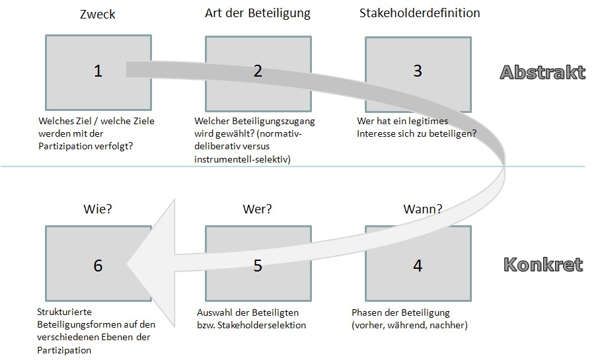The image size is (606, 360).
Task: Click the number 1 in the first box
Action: tap(98, 71)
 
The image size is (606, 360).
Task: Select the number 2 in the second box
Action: tap(258, 71)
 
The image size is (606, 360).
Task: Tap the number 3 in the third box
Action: tap(418, 71)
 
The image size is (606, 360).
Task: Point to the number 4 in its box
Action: tap(418, 266)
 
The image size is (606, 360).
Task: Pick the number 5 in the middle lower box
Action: tap(258, 266)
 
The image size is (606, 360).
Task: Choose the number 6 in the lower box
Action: tap(98, 266)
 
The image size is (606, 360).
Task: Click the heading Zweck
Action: tap(97, 15)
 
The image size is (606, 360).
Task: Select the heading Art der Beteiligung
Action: tap(257, 13)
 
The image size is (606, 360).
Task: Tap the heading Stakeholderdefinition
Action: tap(420, 13)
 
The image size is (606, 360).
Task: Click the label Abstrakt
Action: tap(543, 73)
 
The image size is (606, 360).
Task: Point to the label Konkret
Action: tap(543, 265)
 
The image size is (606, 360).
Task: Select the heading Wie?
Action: tap(98, 209)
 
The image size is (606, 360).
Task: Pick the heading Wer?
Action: tap(257, 209)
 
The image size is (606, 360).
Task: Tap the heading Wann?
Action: tap(423, 209)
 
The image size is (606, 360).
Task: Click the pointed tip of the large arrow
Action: tap(127, 264)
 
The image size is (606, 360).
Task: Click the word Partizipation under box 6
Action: tap(64, 350)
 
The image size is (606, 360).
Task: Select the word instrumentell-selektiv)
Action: tap(243, 159)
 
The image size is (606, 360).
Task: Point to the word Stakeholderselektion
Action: tap(262, 325)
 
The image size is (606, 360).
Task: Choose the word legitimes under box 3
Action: tap(428, 122)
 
